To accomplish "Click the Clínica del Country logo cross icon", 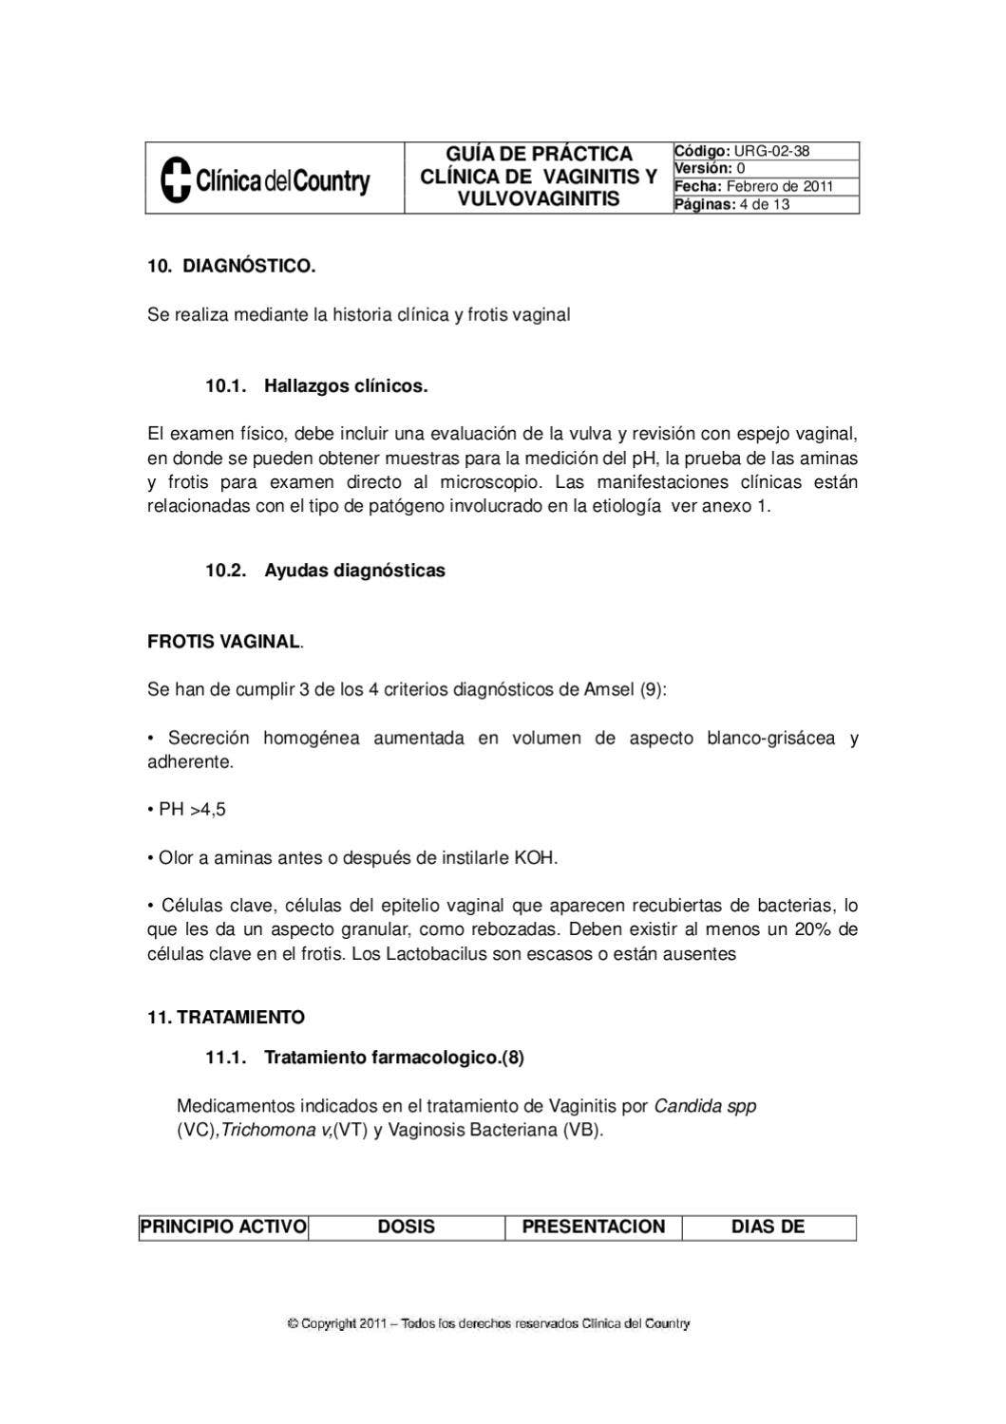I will point(175,179).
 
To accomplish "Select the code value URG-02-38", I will point(771,151).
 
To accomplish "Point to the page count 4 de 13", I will point(764,204).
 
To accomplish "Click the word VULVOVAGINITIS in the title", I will point(539,199).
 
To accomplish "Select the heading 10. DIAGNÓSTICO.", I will point(231,266).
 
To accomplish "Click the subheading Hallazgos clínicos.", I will point(346,386).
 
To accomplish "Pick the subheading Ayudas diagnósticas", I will point(354,571).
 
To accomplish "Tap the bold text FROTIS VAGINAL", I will point(223,642).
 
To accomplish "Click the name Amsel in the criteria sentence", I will point(608,689).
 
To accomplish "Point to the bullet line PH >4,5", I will point(187,810).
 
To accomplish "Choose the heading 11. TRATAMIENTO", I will point(226,1018).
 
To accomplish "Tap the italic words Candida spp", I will point(705,1106).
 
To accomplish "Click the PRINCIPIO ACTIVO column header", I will point(223,1227).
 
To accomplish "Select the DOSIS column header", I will point(407,1227).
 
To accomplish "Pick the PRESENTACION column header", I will point(594,1227).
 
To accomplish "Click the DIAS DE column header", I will point(768,1227).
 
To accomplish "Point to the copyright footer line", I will point(488,1323).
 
